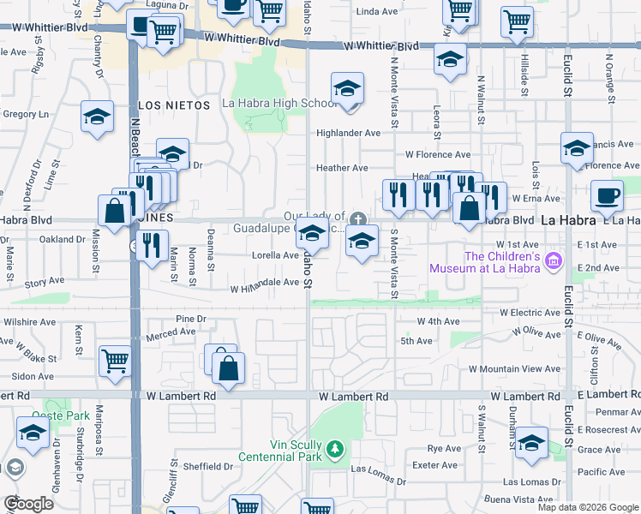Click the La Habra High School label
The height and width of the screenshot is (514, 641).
pos(279,104)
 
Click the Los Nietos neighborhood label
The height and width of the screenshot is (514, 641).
pos(174,105)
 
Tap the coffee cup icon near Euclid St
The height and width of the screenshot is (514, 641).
pos(607,195)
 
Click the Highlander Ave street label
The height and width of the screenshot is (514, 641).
pos(348,133)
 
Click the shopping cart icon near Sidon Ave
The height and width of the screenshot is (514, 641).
pos(114,361)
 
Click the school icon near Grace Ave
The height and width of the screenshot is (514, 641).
pos(531,442)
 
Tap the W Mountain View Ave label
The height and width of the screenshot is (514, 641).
pos(513,368)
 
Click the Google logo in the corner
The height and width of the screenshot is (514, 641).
pos(27,503)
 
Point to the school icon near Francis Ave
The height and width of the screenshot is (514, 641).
pos(577,147)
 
